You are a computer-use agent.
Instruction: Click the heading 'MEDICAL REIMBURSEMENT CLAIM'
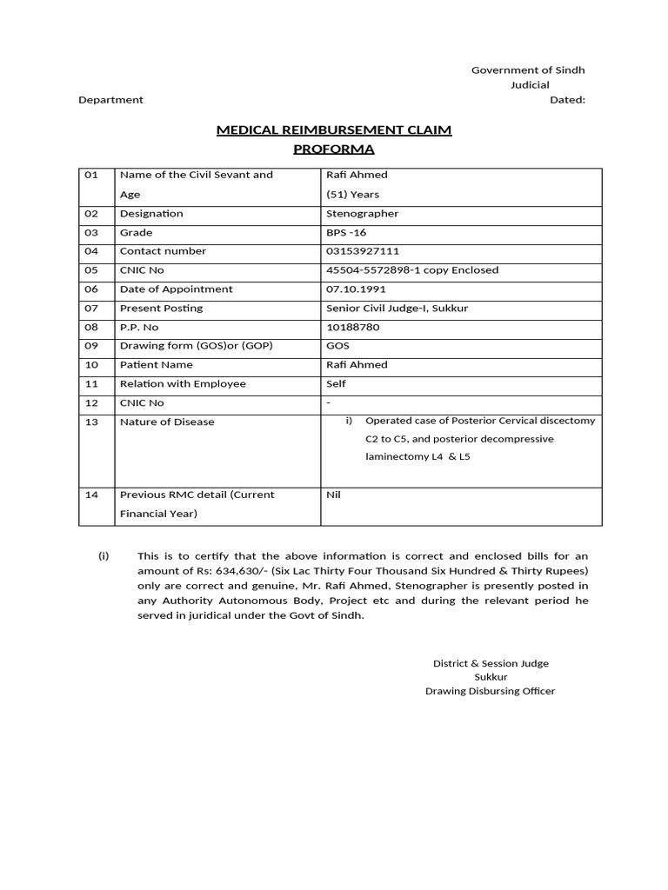pos(333,130)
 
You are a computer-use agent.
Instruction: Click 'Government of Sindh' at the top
pos(528,70)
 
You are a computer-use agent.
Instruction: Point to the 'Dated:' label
pos(567,100)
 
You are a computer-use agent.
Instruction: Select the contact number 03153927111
pos(363,251)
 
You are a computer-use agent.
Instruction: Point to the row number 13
pos(91,422)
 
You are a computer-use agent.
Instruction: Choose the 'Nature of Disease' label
pos(167,422)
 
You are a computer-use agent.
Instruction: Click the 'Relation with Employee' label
pos(183,384)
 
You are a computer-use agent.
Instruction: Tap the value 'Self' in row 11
pos(336,384)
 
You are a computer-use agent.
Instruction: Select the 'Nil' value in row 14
pos(333,495)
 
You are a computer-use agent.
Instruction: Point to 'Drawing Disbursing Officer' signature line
pos(490,691)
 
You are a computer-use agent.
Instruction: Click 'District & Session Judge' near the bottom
pos(491,663)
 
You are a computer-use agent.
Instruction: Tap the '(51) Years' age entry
pos(352,195)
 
